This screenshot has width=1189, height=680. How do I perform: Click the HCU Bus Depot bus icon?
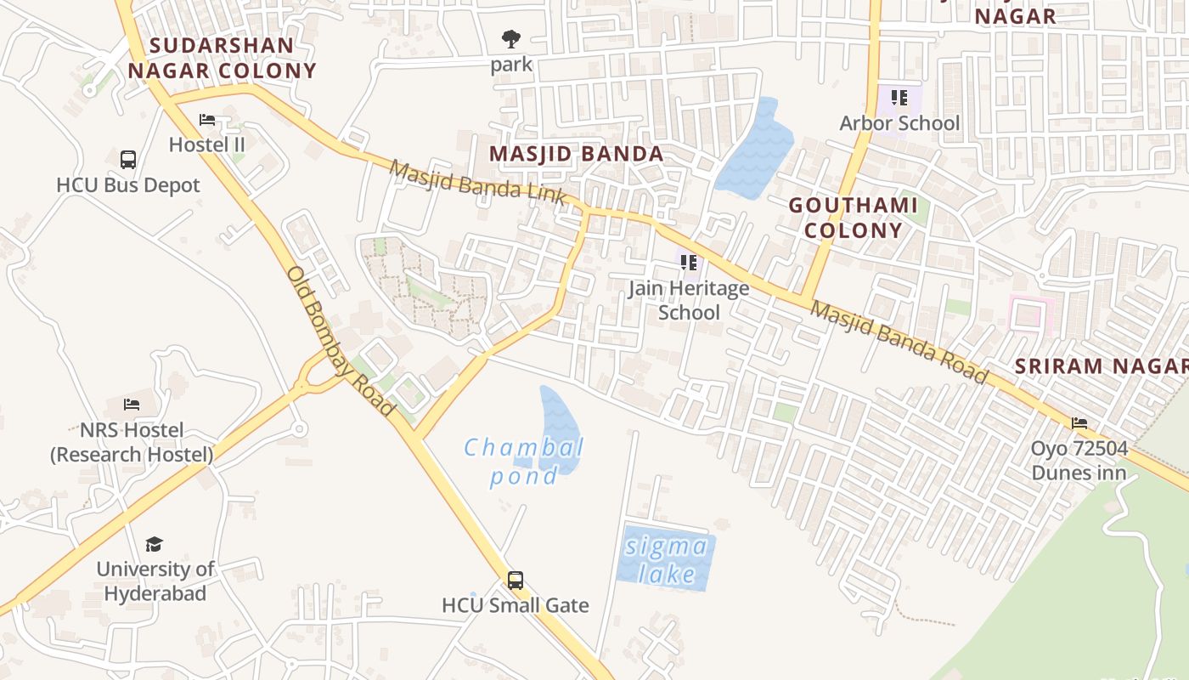[128, 159]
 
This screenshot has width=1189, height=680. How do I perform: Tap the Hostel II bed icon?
[207, 120]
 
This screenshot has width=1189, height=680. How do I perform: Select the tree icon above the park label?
[511, 38]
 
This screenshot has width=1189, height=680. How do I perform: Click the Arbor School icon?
[899, 98]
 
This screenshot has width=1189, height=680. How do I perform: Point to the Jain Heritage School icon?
[689, 263]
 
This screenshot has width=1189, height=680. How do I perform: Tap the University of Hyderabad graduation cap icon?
[154, 544]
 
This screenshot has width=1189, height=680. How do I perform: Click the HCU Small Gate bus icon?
[516, 581]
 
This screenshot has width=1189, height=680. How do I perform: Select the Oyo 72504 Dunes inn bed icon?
[1079, 422]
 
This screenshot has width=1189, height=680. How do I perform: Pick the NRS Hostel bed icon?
[132, 404]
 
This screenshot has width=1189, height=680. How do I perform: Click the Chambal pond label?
[524, 461]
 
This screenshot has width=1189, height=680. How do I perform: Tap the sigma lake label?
[667, 560]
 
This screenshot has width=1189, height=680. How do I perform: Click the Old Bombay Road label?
[341, 342]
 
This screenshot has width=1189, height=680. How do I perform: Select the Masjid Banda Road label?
[899, 342]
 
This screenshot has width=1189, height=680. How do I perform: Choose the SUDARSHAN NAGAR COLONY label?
[222, 58]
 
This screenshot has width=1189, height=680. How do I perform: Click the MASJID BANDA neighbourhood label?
[577, 154]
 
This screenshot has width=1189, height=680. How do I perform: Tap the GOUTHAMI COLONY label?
[853, 218]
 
